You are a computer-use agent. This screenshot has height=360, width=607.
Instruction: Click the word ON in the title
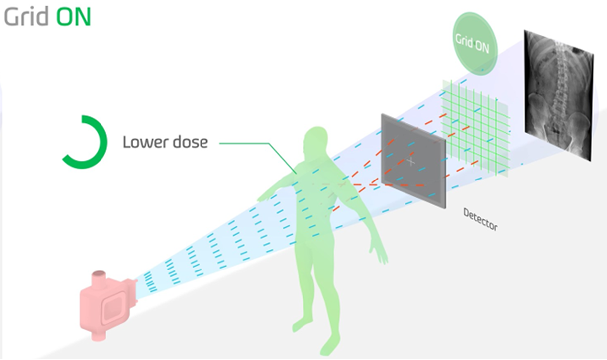73,17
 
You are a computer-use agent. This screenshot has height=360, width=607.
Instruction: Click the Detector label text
480,219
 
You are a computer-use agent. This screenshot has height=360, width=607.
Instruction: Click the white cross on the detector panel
411,162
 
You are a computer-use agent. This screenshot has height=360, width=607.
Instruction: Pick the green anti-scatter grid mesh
475,124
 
